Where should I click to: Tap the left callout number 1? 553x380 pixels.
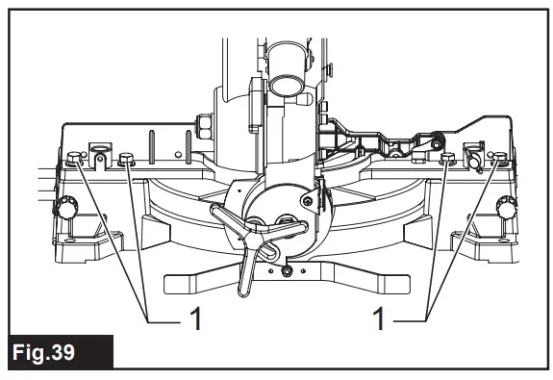click(195, 318)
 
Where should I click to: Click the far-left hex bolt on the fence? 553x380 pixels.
click(77, 160)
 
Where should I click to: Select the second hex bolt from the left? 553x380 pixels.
click(127, 161)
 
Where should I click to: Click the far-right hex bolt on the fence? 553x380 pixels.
click(498, 160)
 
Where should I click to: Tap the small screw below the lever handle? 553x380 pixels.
click(286, 272)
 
